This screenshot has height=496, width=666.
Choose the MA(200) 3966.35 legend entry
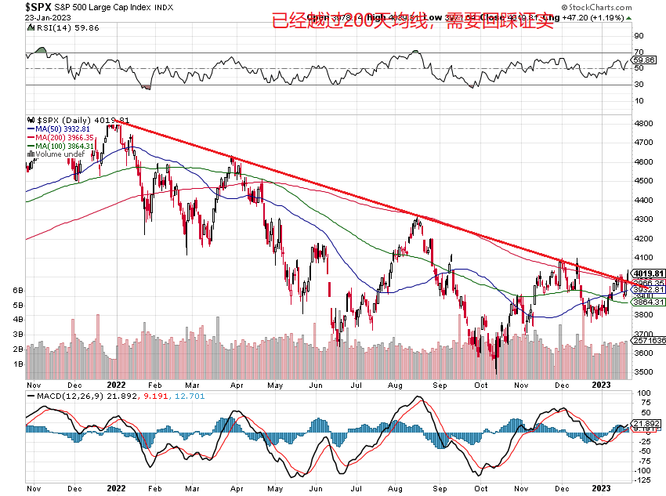coord(66,137)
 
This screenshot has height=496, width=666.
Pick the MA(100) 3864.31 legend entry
coord(66,146)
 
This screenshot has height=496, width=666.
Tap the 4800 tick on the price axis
coord(645,124)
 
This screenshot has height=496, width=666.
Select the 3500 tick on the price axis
coord(645,372)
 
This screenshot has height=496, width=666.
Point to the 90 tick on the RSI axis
coord(639,36)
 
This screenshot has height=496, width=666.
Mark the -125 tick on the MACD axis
coord(645,480)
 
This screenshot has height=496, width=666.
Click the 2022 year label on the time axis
coord(116,385)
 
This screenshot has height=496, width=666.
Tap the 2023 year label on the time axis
coord(601,385)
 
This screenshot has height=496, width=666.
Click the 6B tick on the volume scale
coord(18,290)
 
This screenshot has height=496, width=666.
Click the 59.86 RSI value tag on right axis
coord(645,60)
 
